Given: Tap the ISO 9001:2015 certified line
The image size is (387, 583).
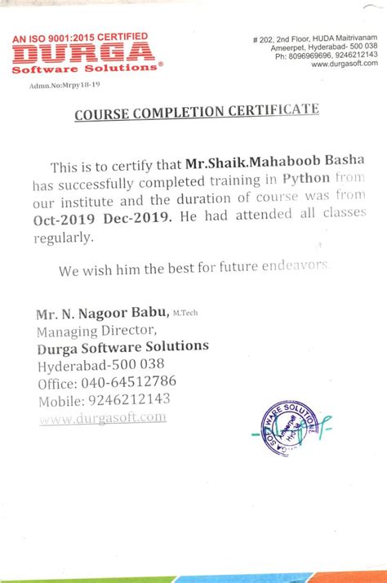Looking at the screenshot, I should pos(80,37).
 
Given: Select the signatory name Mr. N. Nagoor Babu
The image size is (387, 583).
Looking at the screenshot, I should pos(101,314).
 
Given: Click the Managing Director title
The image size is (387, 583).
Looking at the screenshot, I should pos(96,331).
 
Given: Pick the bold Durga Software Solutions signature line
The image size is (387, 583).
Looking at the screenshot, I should pos(122,347).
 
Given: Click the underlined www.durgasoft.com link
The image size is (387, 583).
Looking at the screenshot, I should pos(102,417).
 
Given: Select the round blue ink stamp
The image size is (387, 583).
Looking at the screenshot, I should pos(286,427).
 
